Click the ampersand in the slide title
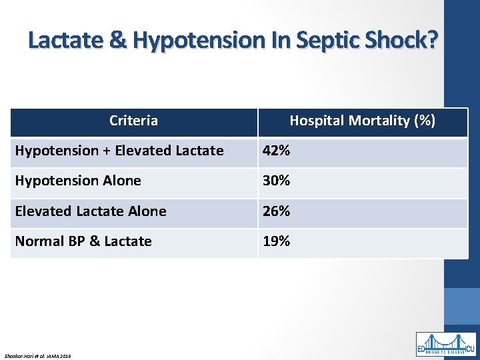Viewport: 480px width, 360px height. [x=117, y=41]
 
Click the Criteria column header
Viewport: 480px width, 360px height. [x=133, y=121]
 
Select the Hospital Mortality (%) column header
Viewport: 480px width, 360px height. [x=362, y=121]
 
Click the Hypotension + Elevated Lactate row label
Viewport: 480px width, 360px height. [x=119, y=151]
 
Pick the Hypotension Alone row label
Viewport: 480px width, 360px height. [x=78, y=181]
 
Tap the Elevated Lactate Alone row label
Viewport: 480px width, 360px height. [x=91, y=211]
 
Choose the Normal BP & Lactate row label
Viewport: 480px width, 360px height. [x=83, y=241]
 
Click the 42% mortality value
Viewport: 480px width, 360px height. [x=276, y=151]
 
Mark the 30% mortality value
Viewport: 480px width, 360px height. [x=276, y=181]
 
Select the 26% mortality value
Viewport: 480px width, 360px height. [x=276, y=211]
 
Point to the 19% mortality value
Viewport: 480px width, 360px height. [x=276, y=241]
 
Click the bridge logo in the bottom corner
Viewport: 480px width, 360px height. [x=446, y=343]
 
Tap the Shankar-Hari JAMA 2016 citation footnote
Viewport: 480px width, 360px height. [x=37, y=355]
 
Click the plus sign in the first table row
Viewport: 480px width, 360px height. [x=107, y=151]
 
